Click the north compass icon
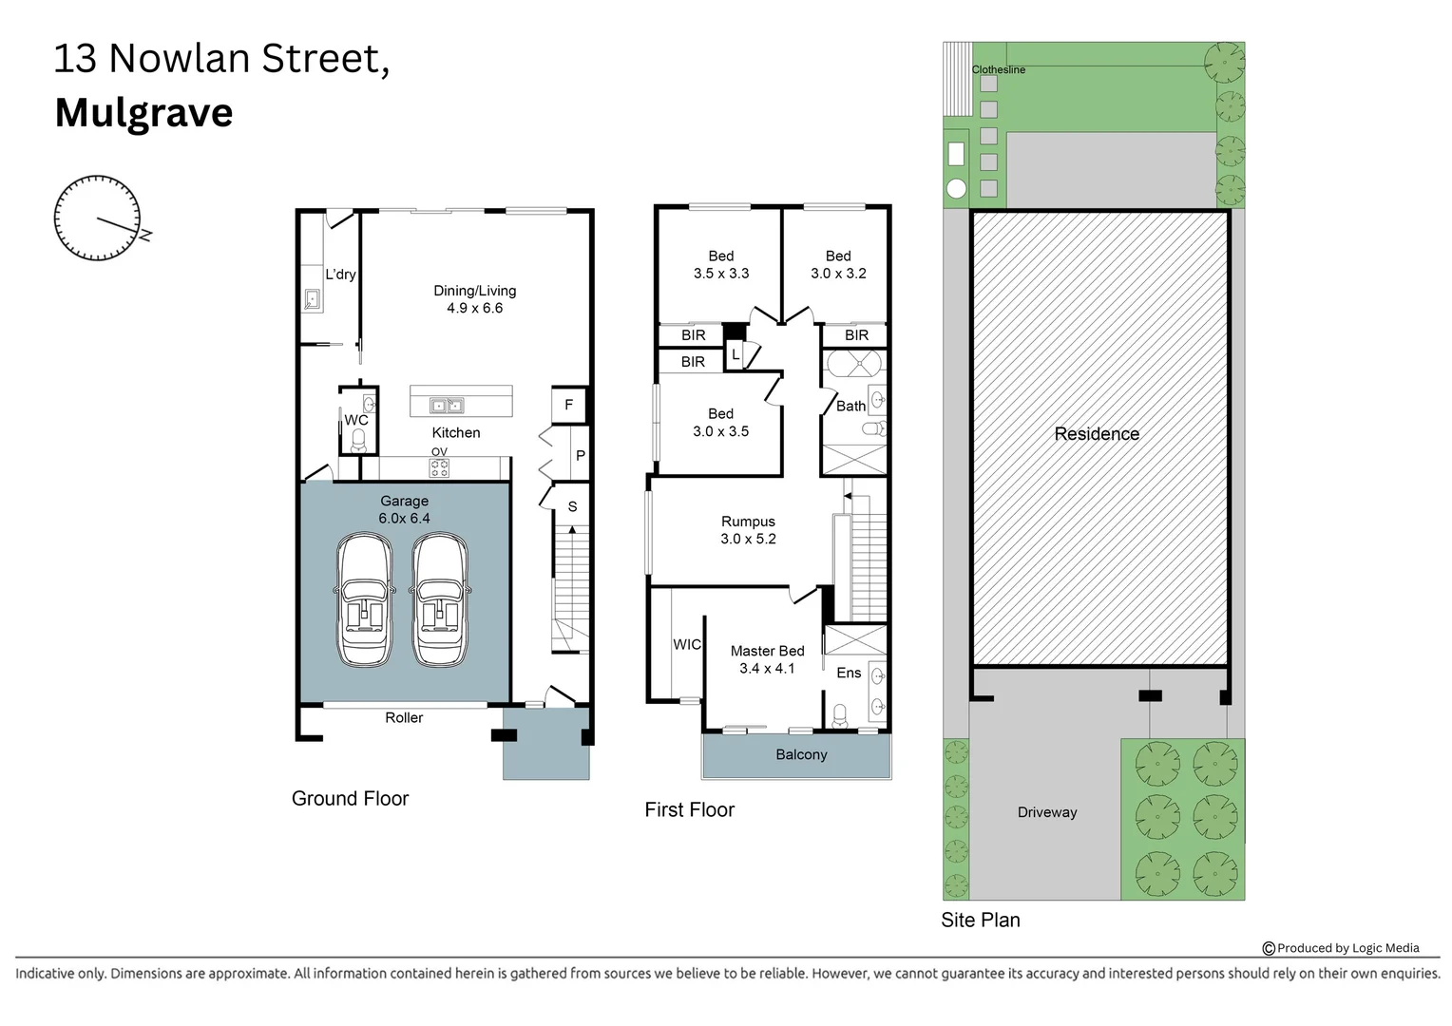(x=98, y=218)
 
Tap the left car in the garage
(x=364, y=600)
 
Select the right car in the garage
(x=439, y=600)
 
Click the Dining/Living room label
(x=474, y=291)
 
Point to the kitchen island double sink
(x=447, y=406)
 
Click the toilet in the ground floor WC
(x=358, y=440)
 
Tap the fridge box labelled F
(x=568, y=405)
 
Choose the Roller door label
(x=404, y=718)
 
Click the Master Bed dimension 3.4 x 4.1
(x=767, y=669)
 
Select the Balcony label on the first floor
(x=801, y=755)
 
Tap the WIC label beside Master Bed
(x=687, y=644)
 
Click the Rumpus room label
(x=748, y=522)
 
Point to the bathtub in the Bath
(x=853, y=364)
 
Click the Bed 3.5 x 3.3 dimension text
(x=721, y=274)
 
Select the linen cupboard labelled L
(x=736, y=354)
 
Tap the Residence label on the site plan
(x=1097, y=434)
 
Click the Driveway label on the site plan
(x=1047, y=812)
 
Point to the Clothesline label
(x=998, y=69)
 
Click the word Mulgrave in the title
(x=144, y=113)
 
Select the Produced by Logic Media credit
(x=1341, y=948)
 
